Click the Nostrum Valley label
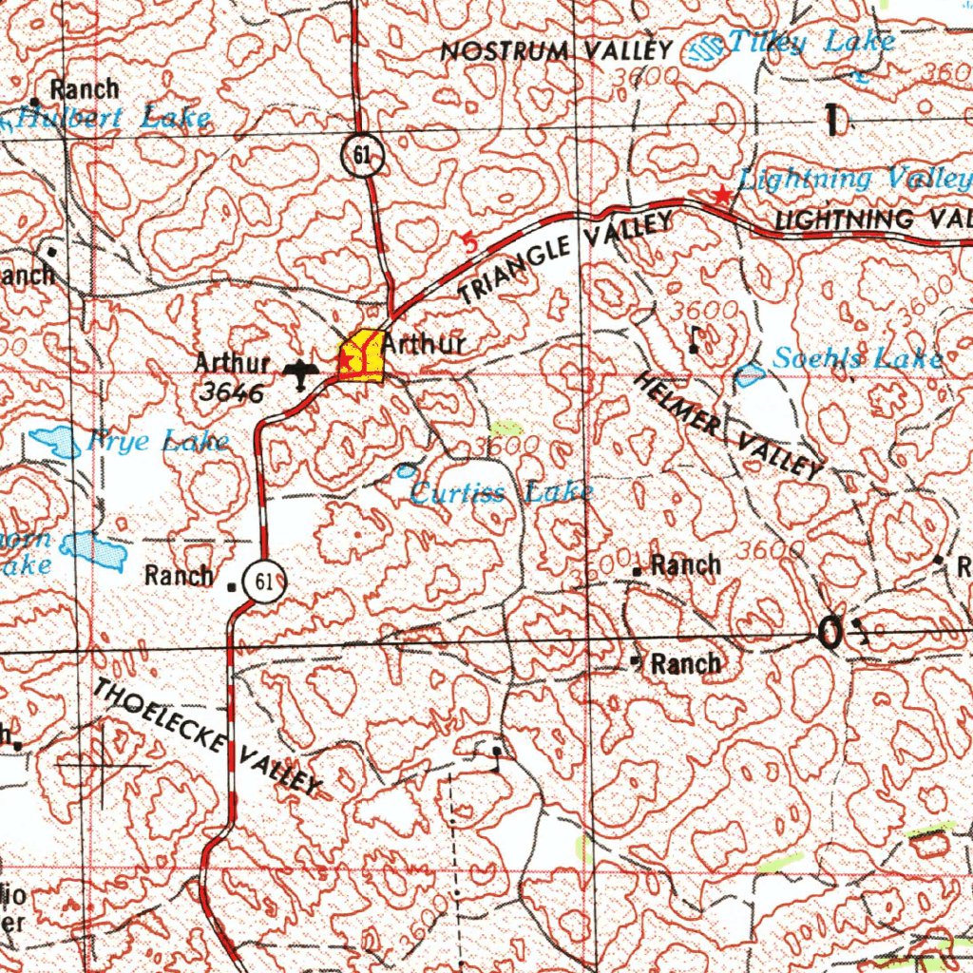[x=557, y=51]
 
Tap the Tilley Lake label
[x=810, y=42]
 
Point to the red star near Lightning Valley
[x=722, y=196]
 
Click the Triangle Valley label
[x=567, y=258]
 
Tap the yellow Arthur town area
[x=361, y=358]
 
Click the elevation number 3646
[x=232, y=392]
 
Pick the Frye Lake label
[x=157, y=441]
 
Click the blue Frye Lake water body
[x=56, y=442]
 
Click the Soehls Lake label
[x=857, y=358]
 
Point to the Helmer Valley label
[x=728, y=424]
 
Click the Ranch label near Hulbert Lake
[x=84, y=90]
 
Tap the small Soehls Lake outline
[x=751, y=376]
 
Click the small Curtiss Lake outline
[x=407, y=470]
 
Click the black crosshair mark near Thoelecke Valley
[x=103, y=763]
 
